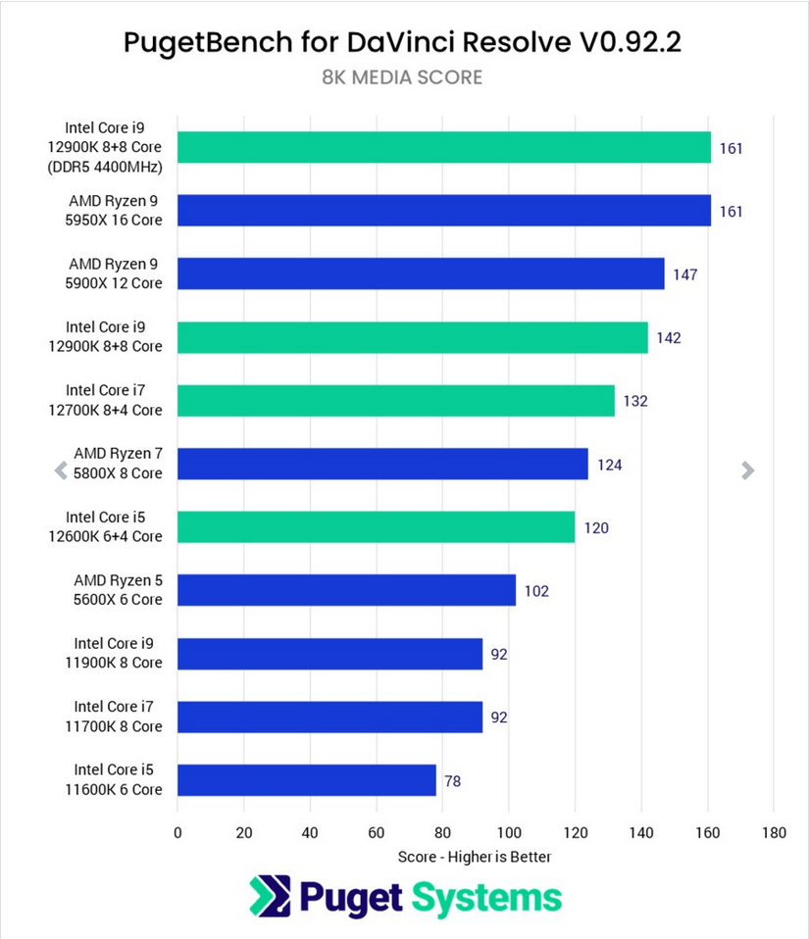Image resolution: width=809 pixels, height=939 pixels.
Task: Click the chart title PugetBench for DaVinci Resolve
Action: [x=402, y=42]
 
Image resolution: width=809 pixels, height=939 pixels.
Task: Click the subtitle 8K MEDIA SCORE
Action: [x=402, y=77]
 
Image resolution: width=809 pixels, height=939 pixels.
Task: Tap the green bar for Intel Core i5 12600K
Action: [x=376, y=527]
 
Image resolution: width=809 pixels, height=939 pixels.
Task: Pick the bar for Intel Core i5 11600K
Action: [x=306, y=780]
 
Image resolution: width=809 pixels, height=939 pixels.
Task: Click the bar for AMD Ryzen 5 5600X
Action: [x=346, y=590]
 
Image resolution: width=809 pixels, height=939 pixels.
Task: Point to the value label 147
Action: [x=684, y=274]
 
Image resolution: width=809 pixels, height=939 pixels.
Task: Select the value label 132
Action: [x=635, y=401]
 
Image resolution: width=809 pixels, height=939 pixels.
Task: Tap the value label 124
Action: [x=609, y=465]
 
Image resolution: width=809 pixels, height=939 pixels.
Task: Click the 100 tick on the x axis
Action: [x=508, y=833]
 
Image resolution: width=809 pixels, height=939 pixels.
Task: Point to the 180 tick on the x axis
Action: [x=773, y=833]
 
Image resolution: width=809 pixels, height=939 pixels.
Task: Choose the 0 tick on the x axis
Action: [x=177, y=833]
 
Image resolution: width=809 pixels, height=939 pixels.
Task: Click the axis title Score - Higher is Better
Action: [x=475, y=857]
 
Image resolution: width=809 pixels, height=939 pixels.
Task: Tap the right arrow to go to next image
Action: [x=748, y=470]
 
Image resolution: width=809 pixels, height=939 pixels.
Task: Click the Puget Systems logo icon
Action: [x=266, y=897]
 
